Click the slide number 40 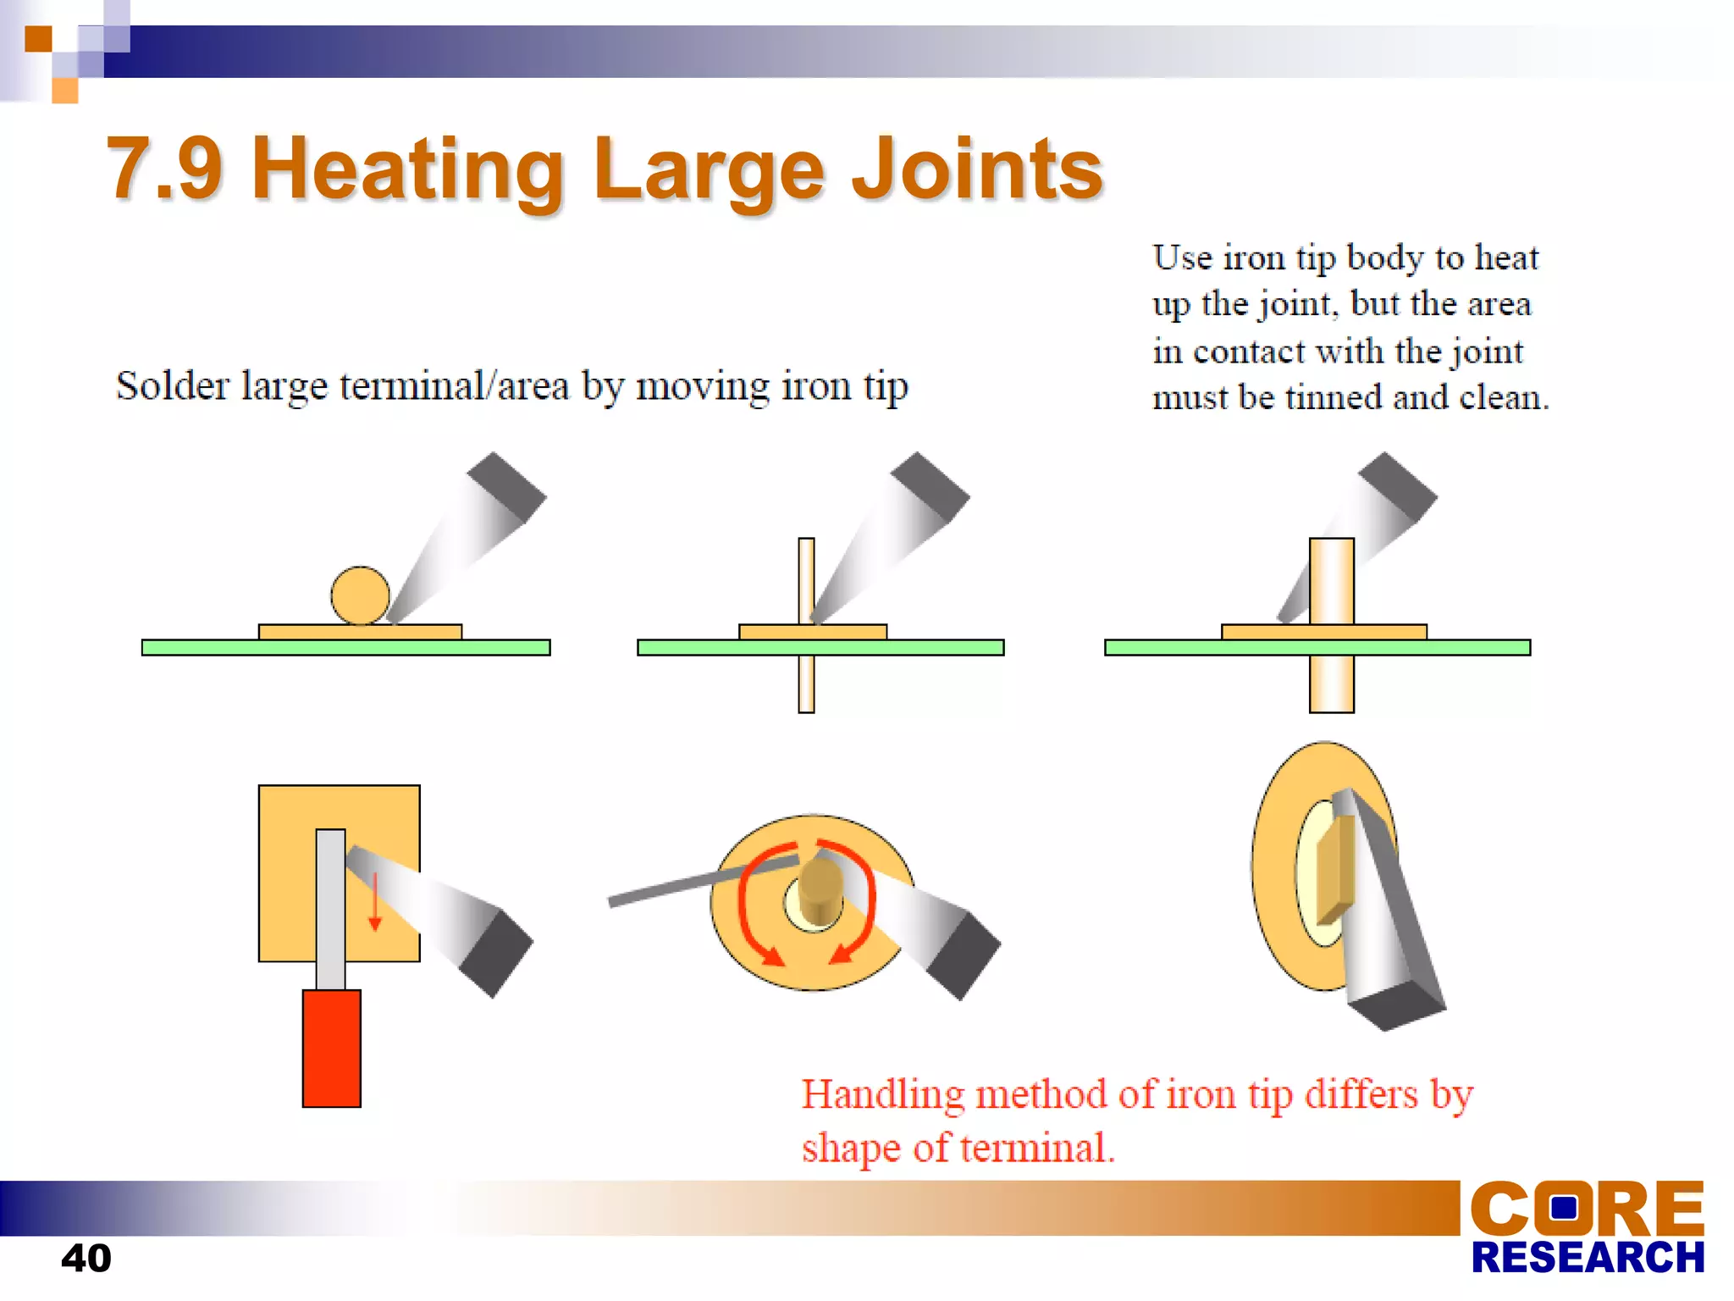pyautogui.click(x=86, y=1258)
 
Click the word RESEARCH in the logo pyautogui.click(x=1588, y=1258)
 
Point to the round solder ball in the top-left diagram pyautogui.click(x=360, y=595)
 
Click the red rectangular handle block pyautogui.click(x=331, y=1049)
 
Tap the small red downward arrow pyautogui.click(x=374, y=903)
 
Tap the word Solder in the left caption pyautogui.click(x=172, y=386)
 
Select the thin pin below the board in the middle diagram pyautogui.click(x=806, y=684)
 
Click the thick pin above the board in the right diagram pyautogui.click(x=1331, y=581)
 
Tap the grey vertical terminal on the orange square pyautogui.click(x=330, y=906)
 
